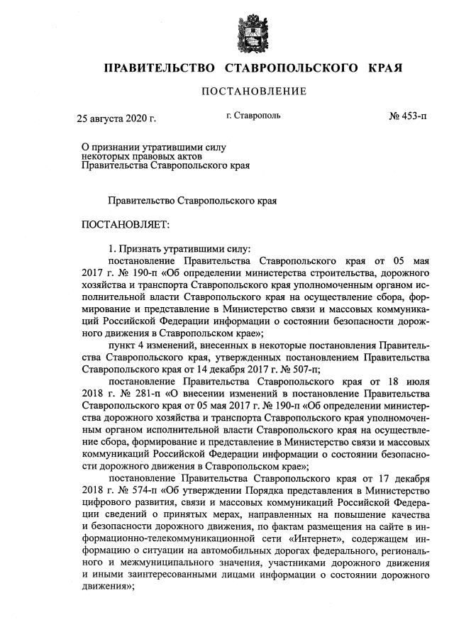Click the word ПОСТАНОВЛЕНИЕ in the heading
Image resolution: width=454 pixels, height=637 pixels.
pyautogui.click(x=254, y=91)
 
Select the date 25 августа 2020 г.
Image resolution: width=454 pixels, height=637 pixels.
pyautogui.click(x=116, y=118)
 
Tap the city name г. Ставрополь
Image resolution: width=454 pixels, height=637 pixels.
pyautogui.click(x=253, y=114)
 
